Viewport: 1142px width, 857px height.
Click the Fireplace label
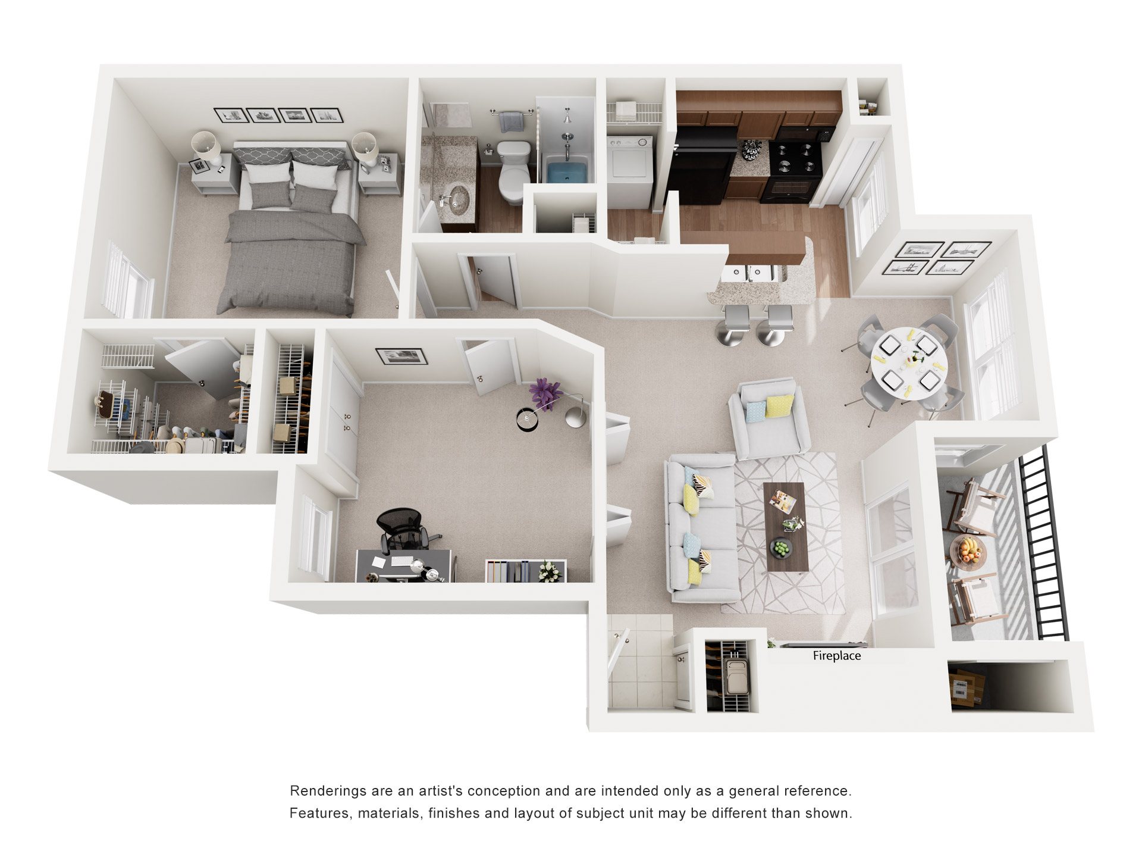[836, 656]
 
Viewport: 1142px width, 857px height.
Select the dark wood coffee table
[785, 527]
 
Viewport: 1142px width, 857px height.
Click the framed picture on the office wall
[401, 356]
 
